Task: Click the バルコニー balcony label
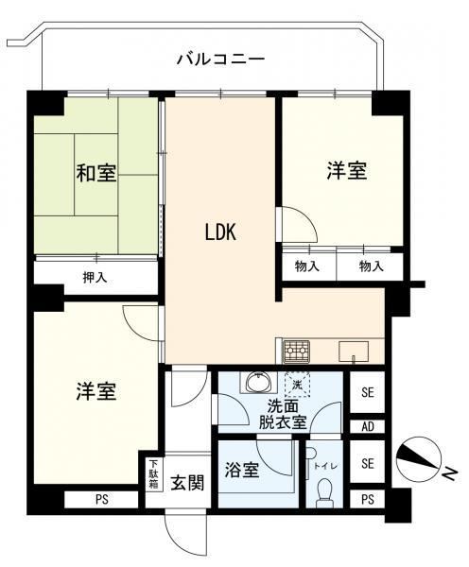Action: coord(220,59)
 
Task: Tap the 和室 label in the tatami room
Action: coord(96,173)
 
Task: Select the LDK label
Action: coord(220,232)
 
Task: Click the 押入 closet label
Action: coord(96,277)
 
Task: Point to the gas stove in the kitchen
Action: coord(296,352)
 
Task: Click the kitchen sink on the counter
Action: coord(354,352)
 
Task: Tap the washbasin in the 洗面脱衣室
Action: coord(257,383)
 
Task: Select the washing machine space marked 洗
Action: coord(297,385)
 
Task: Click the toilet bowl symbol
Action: coord(323,492)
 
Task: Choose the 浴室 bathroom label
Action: coord(242,470)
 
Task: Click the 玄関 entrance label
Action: coord(187,482)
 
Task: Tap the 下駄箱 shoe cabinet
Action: coord(154,474)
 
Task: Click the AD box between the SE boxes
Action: coord(367,427)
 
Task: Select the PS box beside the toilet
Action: coord(367,499)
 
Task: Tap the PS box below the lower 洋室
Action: coord(102,500)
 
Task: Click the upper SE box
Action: coord(367,392)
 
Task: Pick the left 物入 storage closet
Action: coord(308,266)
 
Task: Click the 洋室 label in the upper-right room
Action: coord(346,170)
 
